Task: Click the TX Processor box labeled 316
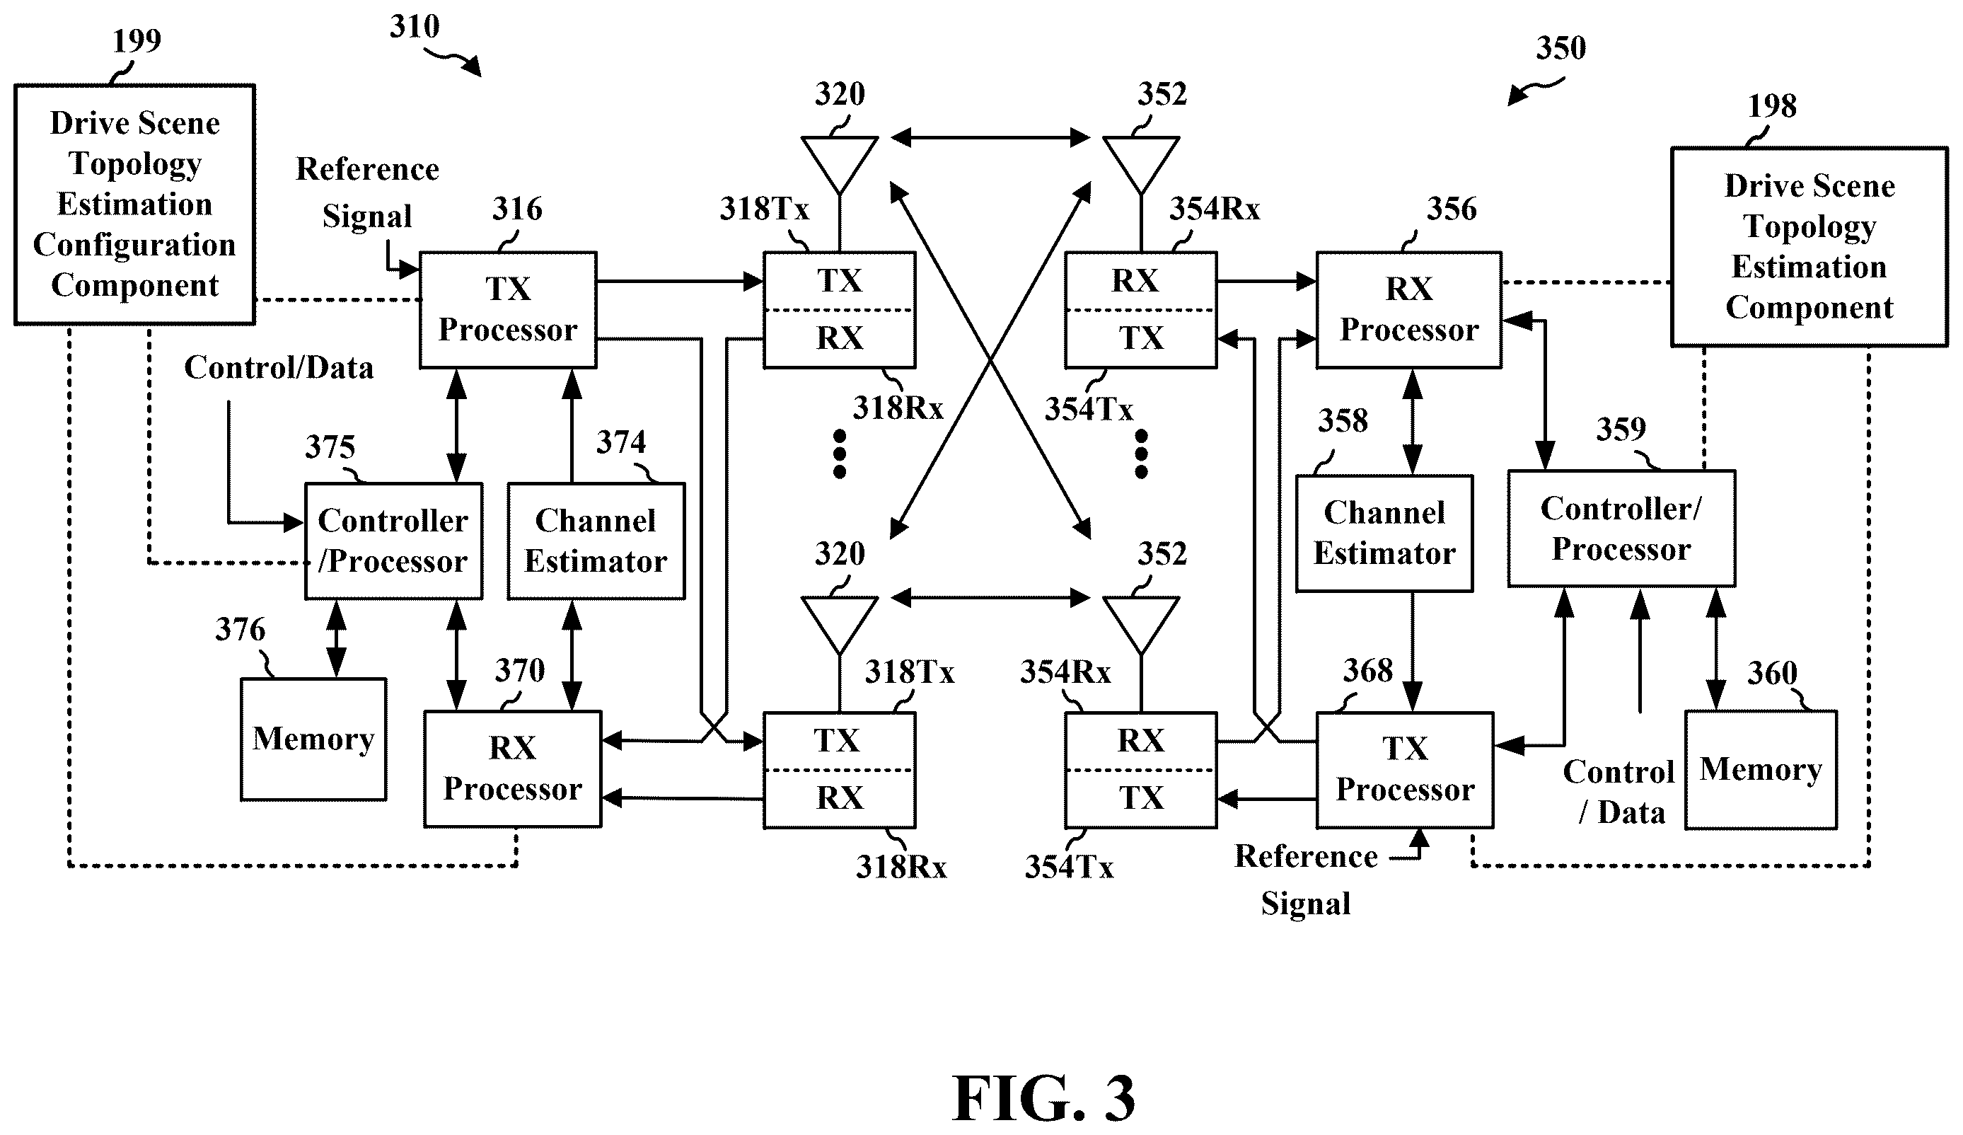(x=508, y=309)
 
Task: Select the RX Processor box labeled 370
(x=513, y=769)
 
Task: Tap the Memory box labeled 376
(x=313, y=739)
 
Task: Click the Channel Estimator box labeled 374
(x=596, y=541)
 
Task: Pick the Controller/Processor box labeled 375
(x=393, y=541)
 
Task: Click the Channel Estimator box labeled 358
(x=1384, y=534)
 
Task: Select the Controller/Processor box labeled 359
(x=1621, y=528)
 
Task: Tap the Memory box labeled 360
(x=1761, y=770)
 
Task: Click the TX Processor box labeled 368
(x=1404, y=770)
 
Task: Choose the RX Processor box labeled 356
(x=1408, y=309)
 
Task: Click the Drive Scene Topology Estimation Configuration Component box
(x=135, y=204)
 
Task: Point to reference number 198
(x=1771, y=106)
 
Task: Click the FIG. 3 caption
(x=1043, y=1097)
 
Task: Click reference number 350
(x=1560, y=48)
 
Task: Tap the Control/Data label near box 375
(x=279, y=368)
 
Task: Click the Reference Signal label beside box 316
(x=368, y=192)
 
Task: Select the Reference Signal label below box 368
(x=1307, y=880)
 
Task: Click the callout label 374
(x=621, y=442)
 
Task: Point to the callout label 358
(x=1343, y=420)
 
